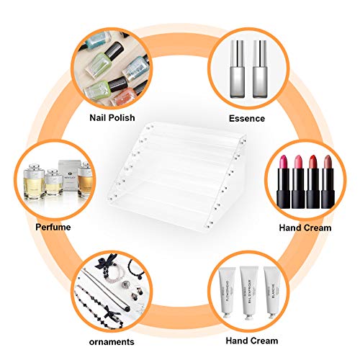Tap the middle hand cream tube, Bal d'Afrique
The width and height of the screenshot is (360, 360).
(x=247, y=291)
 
